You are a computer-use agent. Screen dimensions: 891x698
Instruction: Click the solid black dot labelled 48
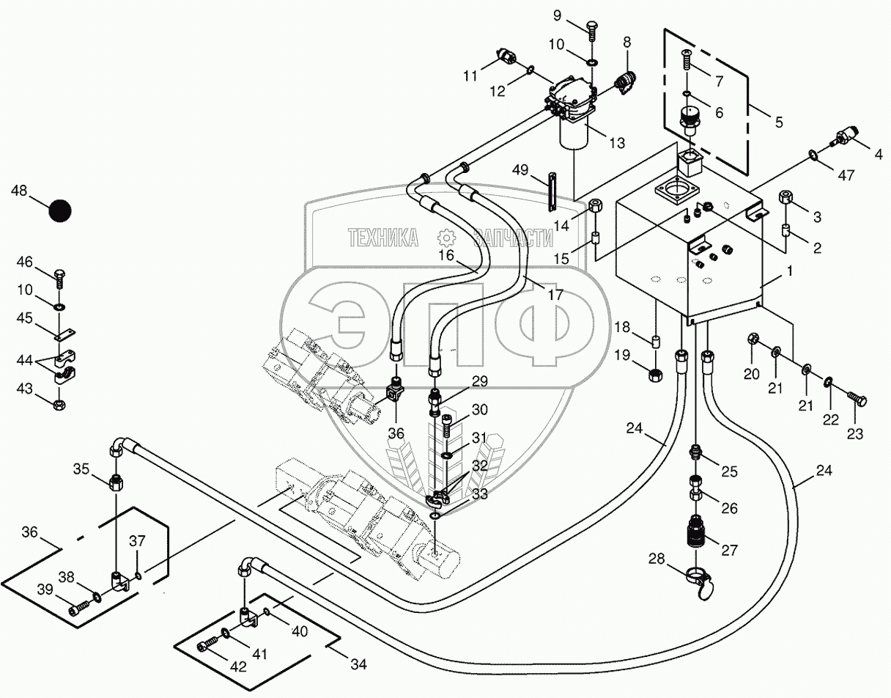60,211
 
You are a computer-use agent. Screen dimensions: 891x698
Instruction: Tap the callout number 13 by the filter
617,143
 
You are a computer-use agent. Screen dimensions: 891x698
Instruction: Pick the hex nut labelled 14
595,205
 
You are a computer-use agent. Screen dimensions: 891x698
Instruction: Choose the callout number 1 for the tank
790,271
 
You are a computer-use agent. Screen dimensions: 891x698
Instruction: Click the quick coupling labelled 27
696,530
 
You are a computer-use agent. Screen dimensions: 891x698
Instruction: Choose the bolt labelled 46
60,279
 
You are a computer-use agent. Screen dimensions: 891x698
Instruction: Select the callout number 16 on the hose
446,255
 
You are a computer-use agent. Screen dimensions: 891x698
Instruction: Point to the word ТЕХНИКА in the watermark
383,238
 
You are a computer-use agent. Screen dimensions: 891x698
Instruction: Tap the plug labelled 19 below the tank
655,375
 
